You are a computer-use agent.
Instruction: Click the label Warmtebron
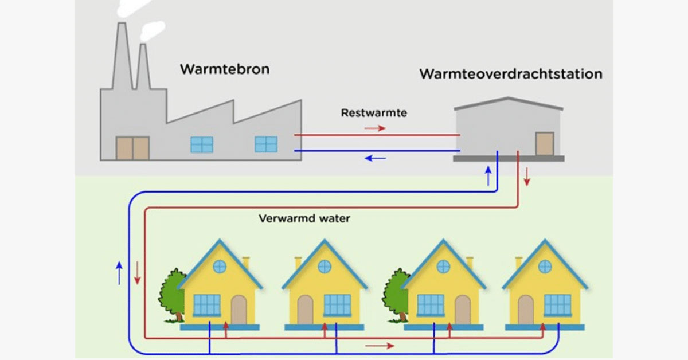pos(225,70)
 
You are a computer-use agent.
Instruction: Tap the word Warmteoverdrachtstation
pos(511,75)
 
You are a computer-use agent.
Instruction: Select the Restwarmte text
pos(374,113)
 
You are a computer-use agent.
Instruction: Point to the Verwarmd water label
pos(304,218)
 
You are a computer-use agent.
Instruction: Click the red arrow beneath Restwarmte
pos(375,128)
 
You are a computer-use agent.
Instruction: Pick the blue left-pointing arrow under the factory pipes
pos(376,158)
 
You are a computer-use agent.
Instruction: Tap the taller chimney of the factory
pos(122,57)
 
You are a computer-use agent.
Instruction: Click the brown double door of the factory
pos(132,148)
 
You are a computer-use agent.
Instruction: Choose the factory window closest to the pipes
pos(265,144)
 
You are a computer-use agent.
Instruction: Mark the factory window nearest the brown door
pos(201,144)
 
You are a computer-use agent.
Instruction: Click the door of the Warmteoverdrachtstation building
pos(544,143)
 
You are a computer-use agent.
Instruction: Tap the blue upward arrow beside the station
pos(488,175)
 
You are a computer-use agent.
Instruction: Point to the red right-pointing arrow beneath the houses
pos(380,346)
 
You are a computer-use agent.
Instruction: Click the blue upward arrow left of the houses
pos(119,273)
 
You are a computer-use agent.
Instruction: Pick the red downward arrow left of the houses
pos(138,273)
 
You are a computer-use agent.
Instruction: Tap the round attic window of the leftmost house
pos(219,266)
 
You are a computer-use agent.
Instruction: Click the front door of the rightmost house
pos(525,310)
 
